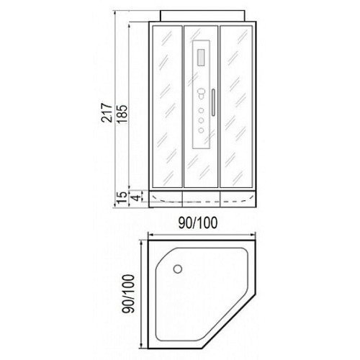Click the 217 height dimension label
[107, 113]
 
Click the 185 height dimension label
[122, 114]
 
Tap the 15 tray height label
[122, 197]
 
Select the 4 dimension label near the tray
[135, 198]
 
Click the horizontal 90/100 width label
[198, 222]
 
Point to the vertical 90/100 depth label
[128, 294]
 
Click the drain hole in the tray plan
[178, 269]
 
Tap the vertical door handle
[213, 102]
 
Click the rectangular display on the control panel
[201, 57]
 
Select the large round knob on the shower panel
[201, 92]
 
